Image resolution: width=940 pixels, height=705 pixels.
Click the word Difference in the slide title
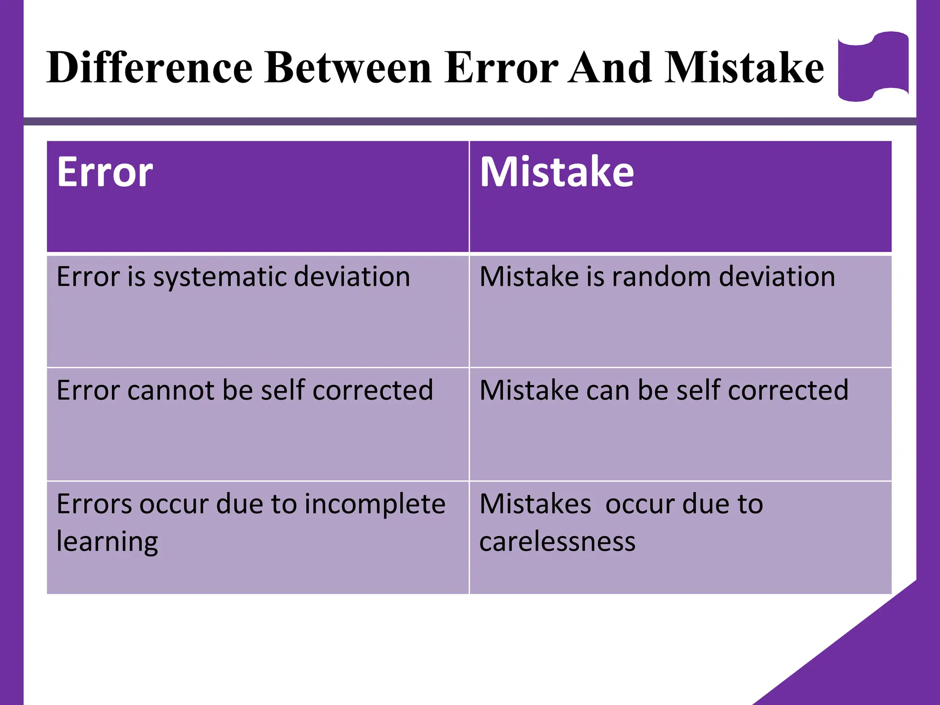[150, 68]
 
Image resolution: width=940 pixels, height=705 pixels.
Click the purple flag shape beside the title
[873, 67]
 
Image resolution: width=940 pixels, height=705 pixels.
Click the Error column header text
[105, 172]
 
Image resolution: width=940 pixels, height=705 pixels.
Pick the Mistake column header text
[557, 172]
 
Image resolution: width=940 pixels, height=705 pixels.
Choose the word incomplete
[375, 504]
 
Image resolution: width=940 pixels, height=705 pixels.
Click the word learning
[107, 542]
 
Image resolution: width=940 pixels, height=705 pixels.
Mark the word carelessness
[557, 542]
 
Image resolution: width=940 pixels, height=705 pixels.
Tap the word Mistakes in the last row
[535, 504]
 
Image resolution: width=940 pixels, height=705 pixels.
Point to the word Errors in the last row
[95, 504]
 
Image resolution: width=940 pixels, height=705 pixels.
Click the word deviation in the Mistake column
[777, 277]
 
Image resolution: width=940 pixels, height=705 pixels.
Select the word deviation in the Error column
[352, 277]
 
